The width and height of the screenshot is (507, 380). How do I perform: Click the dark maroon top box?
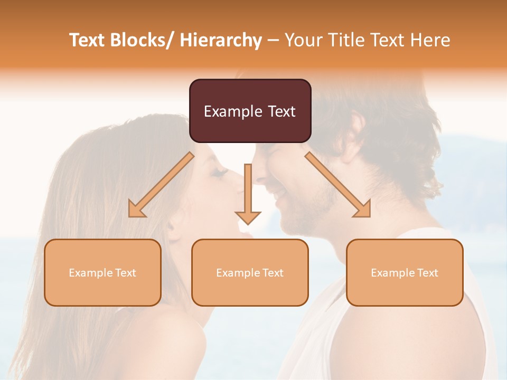(250, 111)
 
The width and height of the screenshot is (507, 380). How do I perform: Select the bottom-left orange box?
(102, 272)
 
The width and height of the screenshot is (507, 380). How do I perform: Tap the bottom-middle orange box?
(250, 272)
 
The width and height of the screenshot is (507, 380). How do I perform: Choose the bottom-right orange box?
(405, 272)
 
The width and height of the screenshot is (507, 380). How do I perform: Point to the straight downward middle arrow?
(248, 193)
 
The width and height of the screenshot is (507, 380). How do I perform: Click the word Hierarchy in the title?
(221, 40)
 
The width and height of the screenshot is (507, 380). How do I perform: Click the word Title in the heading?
(346, 40)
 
